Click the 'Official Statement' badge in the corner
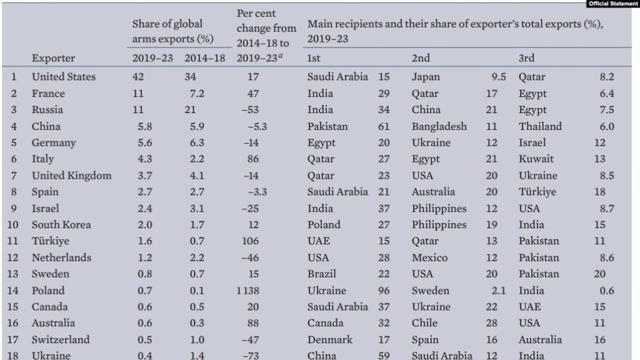613,4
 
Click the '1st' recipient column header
314,58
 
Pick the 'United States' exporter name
64,77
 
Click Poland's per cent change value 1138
251,291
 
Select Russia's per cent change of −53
252,110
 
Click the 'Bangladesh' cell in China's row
439,126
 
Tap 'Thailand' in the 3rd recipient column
540,126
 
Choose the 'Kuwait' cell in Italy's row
536,159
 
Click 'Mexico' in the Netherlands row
429,257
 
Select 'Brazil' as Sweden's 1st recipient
322,274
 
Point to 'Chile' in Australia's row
424,323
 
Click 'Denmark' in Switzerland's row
330,340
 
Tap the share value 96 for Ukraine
384,291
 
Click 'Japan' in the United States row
426,77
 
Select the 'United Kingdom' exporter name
71,176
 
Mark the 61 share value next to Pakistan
384,126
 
